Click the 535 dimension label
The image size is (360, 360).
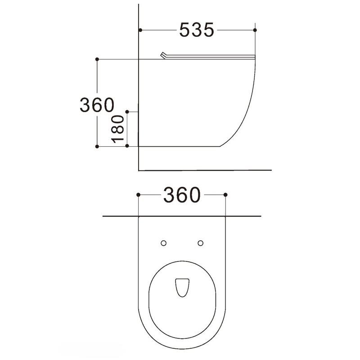[197, 30]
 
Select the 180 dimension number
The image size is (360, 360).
[117, 129]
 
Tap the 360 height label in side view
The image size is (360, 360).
[97, 105]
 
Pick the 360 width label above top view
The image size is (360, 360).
[182, 195]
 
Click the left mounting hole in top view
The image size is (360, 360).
[163, 243]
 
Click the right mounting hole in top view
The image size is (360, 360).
[200, 243]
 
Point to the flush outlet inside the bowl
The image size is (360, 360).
[182, 288]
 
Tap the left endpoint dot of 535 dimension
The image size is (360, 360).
[140, 30]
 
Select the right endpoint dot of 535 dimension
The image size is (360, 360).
[255, 30]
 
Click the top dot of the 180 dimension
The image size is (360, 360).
[127, 112]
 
